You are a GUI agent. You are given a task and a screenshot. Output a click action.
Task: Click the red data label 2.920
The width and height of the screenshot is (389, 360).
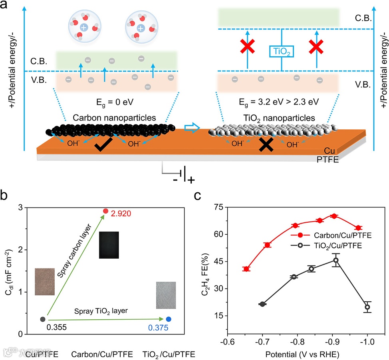click(121, 215)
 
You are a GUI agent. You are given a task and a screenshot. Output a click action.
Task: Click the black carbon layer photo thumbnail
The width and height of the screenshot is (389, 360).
click(109, 244)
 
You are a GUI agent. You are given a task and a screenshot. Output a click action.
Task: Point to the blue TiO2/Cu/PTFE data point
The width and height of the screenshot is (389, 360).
click(169, 319)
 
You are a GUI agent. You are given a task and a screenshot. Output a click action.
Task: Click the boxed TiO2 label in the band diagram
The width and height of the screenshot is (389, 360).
click(282, 52)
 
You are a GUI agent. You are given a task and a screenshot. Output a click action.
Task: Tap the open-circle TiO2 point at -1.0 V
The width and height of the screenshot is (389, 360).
click(367, 307)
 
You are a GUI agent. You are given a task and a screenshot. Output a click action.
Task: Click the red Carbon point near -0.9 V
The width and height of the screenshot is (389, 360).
click(334, 216)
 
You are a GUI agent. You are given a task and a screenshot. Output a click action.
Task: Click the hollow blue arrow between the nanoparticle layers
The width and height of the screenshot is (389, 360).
click(191, 127)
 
